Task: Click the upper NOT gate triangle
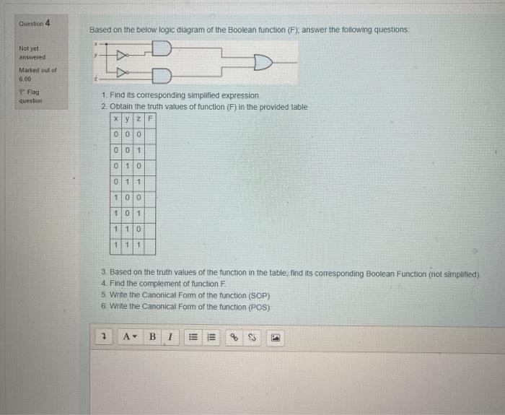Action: click(122, 55)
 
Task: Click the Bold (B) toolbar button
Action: click(152, 336)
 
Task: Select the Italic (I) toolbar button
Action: click(169, 336)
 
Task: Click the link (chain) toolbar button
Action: click(233, 336)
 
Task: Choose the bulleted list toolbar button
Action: click(193, 336)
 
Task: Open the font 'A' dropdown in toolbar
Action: click(130, 336)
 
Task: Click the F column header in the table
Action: click(150, 119)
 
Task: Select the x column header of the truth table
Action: click(115, 119)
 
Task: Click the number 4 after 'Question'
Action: click(48, 23)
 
